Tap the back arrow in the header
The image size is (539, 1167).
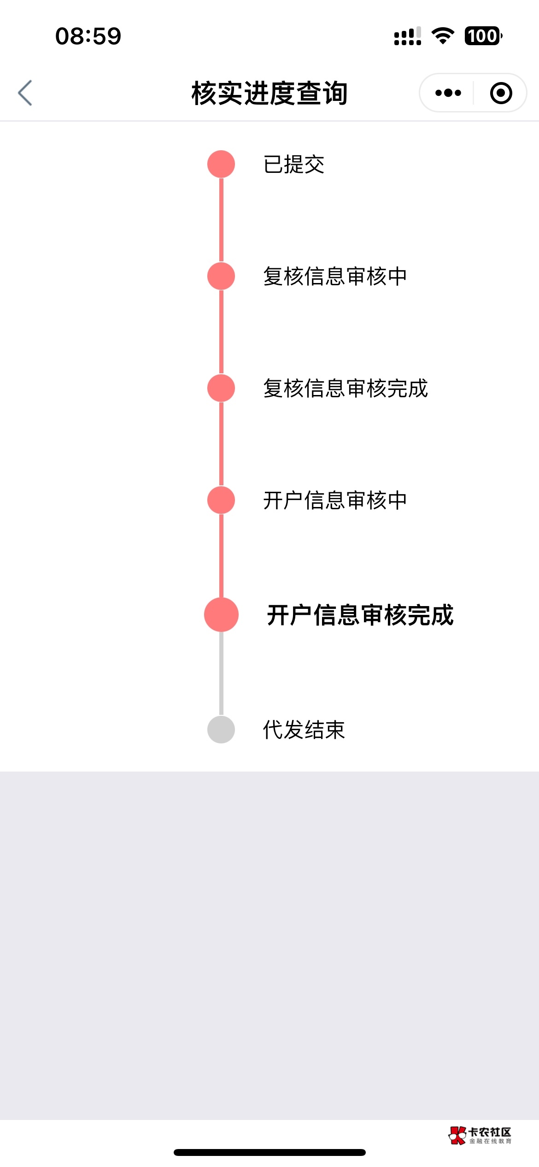click(25, 93)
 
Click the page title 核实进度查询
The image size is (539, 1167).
click(269, 93)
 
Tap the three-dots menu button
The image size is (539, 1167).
click(448, 93)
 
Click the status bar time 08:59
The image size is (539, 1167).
click(88, 36)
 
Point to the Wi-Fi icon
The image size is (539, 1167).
click(443, 36)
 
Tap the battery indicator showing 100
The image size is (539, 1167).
click(483, 36)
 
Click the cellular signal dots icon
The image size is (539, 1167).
click(408, 36)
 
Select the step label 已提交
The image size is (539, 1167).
click(294, 165)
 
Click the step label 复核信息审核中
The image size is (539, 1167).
click(335, 277)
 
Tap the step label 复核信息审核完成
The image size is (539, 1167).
click(346, 389)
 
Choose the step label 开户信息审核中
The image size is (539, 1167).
click(335, 501)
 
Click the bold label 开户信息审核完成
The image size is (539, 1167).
click(360, 615)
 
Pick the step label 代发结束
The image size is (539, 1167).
click(304, 730)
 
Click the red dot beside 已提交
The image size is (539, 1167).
click(221, 164)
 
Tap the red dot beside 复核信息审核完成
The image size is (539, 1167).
click(221, 388)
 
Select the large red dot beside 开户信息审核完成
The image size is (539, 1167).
click(221, 615)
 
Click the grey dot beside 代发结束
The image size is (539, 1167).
click(221, 730)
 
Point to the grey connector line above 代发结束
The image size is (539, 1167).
click(221, 673)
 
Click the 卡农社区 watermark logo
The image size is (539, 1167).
click(480, 1136)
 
